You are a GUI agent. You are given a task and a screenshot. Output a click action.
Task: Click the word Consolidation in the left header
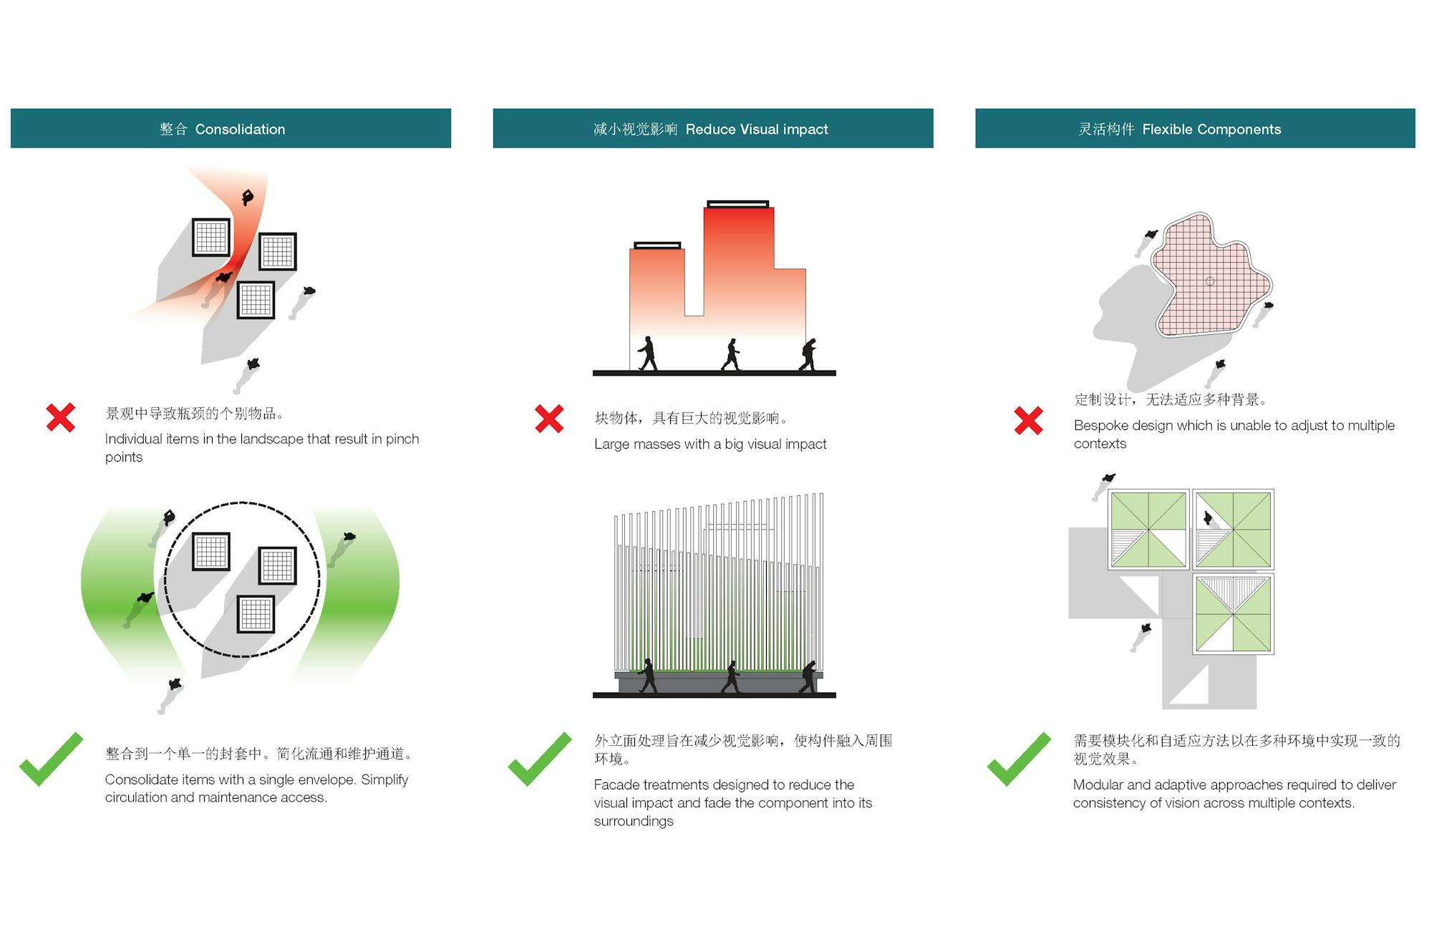point(240,130)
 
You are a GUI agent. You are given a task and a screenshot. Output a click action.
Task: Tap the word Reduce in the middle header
point(710,130)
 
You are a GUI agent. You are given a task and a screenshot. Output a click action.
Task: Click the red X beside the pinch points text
point(61,417)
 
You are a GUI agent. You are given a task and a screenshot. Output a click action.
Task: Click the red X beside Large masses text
point(549,419)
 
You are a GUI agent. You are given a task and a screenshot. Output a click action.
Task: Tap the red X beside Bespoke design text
point(1028,421)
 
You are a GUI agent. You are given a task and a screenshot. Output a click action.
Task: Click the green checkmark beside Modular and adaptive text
point(1018,760)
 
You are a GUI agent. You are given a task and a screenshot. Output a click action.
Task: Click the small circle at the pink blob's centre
point(1209,281)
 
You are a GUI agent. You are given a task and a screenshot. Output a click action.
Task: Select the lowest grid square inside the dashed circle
point(256,614)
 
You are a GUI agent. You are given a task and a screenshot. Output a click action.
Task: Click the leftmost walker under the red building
point(648,354)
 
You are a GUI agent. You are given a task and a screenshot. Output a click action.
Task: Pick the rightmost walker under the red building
point(808,355)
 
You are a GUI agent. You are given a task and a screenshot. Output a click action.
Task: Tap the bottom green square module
point(1233,614)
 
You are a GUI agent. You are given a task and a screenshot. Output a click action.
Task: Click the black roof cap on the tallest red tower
point(737,205)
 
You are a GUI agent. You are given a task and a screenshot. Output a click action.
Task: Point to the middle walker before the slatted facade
point(732,676)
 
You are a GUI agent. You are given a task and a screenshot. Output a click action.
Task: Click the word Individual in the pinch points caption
point(133,439)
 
